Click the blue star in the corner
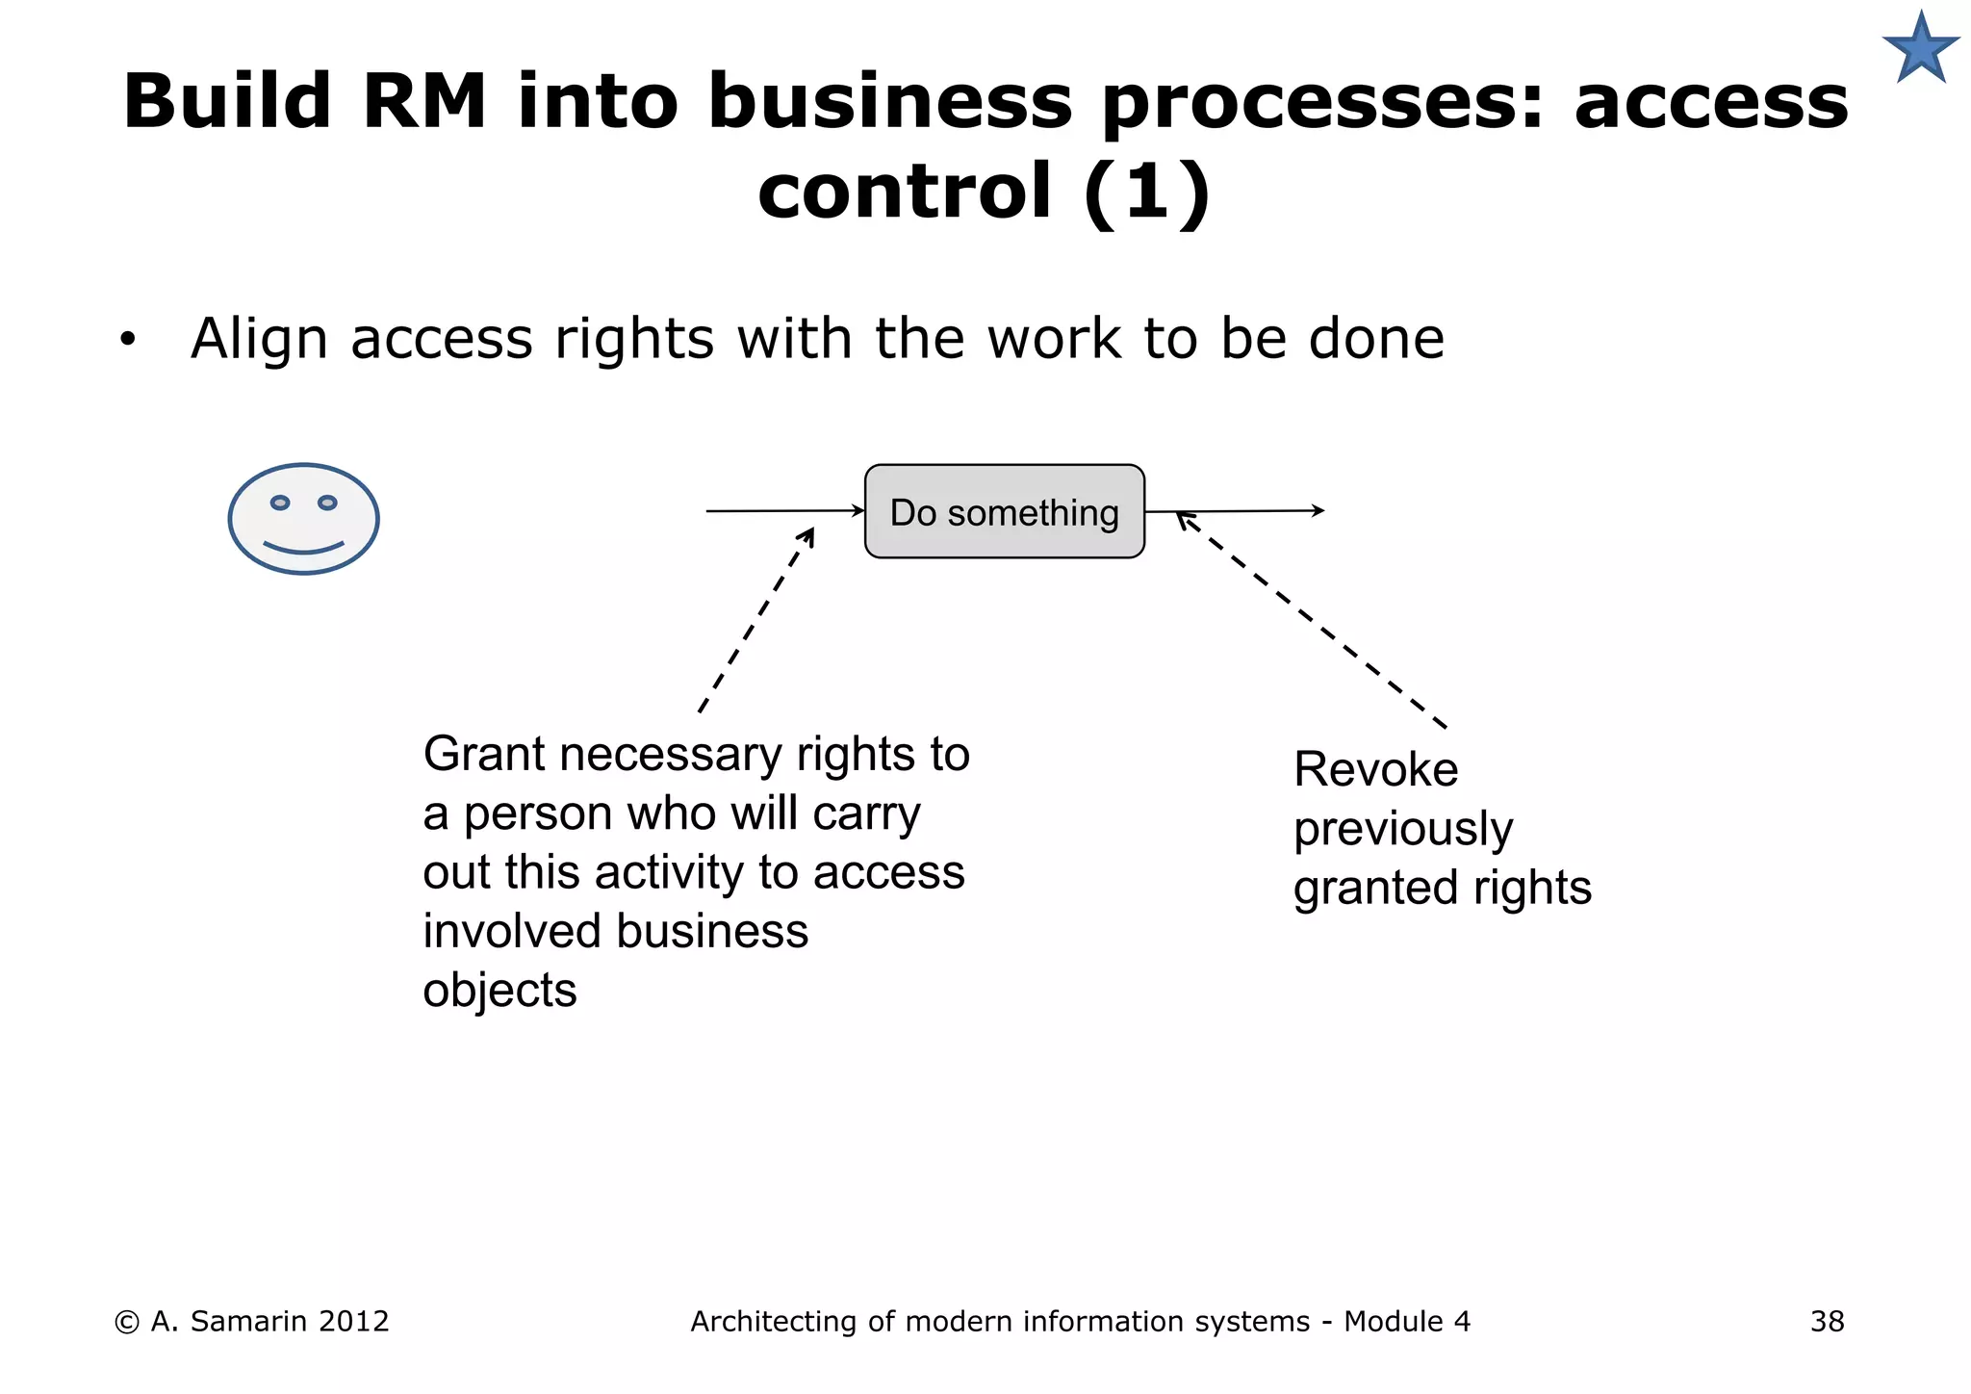[1920, 49]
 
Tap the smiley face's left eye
[280, 503]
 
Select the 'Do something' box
[1004, 512]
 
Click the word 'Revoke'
[1375, 770]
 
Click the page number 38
[1827, 1322]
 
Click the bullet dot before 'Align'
[128, 340]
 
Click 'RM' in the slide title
[424, 101]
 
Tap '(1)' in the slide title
[1145, 192]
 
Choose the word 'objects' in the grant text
[499, 991]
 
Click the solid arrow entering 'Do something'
[784, 511]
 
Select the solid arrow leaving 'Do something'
[1235, 511]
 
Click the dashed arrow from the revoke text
[1311, 619]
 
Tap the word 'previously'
[1402, 830]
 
